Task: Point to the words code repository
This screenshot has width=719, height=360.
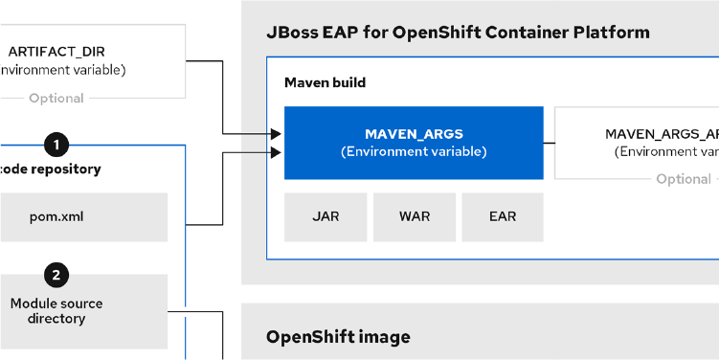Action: [x=52, y=169]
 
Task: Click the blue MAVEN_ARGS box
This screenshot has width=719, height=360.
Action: [x=414, y=143]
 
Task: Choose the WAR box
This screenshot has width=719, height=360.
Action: [x=415, y=216]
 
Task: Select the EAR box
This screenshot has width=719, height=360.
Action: [x=503, y=216]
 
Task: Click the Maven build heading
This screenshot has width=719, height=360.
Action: [x=325, y=83]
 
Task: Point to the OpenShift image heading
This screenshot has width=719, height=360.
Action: [x=338, y=337]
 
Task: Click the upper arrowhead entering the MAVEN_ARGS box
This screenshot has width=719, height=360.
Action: [x=277, y=134]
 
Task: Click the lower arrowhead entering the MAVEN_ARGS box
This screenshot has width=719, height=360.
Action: [x=277, y=152]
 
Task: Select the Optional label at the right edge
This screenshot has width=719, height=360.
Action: [x=684, y=179]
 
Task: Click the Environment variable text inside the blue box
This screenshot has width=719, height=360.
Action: [x=414, y=151]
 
